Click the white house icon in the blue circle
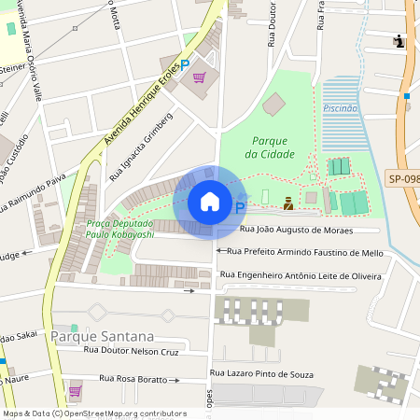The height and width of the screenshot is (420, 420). pyautogui.click(x=210, y=202)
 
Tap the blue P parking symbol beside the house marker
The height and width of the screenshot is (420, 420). pyautogui.click(x=240, y=208)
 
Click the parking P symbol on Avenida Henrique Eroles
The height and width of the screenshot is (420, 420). pyautogui.click(x=185, y=63)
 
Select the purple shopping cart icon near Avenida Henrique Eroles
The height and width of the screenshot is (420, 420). pyautogui.click(x=199, y=77)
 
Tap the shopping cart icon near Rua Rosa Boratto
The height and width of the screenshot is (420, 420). pyautogui.click(x=76, y=390)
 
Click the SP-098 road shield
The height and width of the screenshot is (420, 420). pyautogui.click(x=402, y=177)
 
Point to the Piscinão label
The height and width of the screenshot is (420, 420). pyautogui.click(x=340, y=108)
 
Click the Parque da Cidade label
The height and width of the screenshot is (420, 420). pyautogui.click(x=273, y=147)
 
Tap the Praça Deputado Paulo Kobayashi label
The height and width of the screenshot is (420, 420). pyautogui.click(x=119, y=229)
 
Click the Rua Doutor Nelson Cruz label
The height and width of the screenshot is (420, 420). pyautogui.click(x=131, y=351)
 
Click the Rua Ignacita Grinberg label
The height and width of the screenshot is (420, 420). pyautogui.click(x=141, y=147)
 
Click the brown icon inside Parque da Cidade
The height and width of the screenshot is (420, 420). pyautogui.click(x=288, y=203)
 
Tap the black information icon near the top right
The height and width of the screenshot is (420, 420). pyautogui.click(x=399, y=41)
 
